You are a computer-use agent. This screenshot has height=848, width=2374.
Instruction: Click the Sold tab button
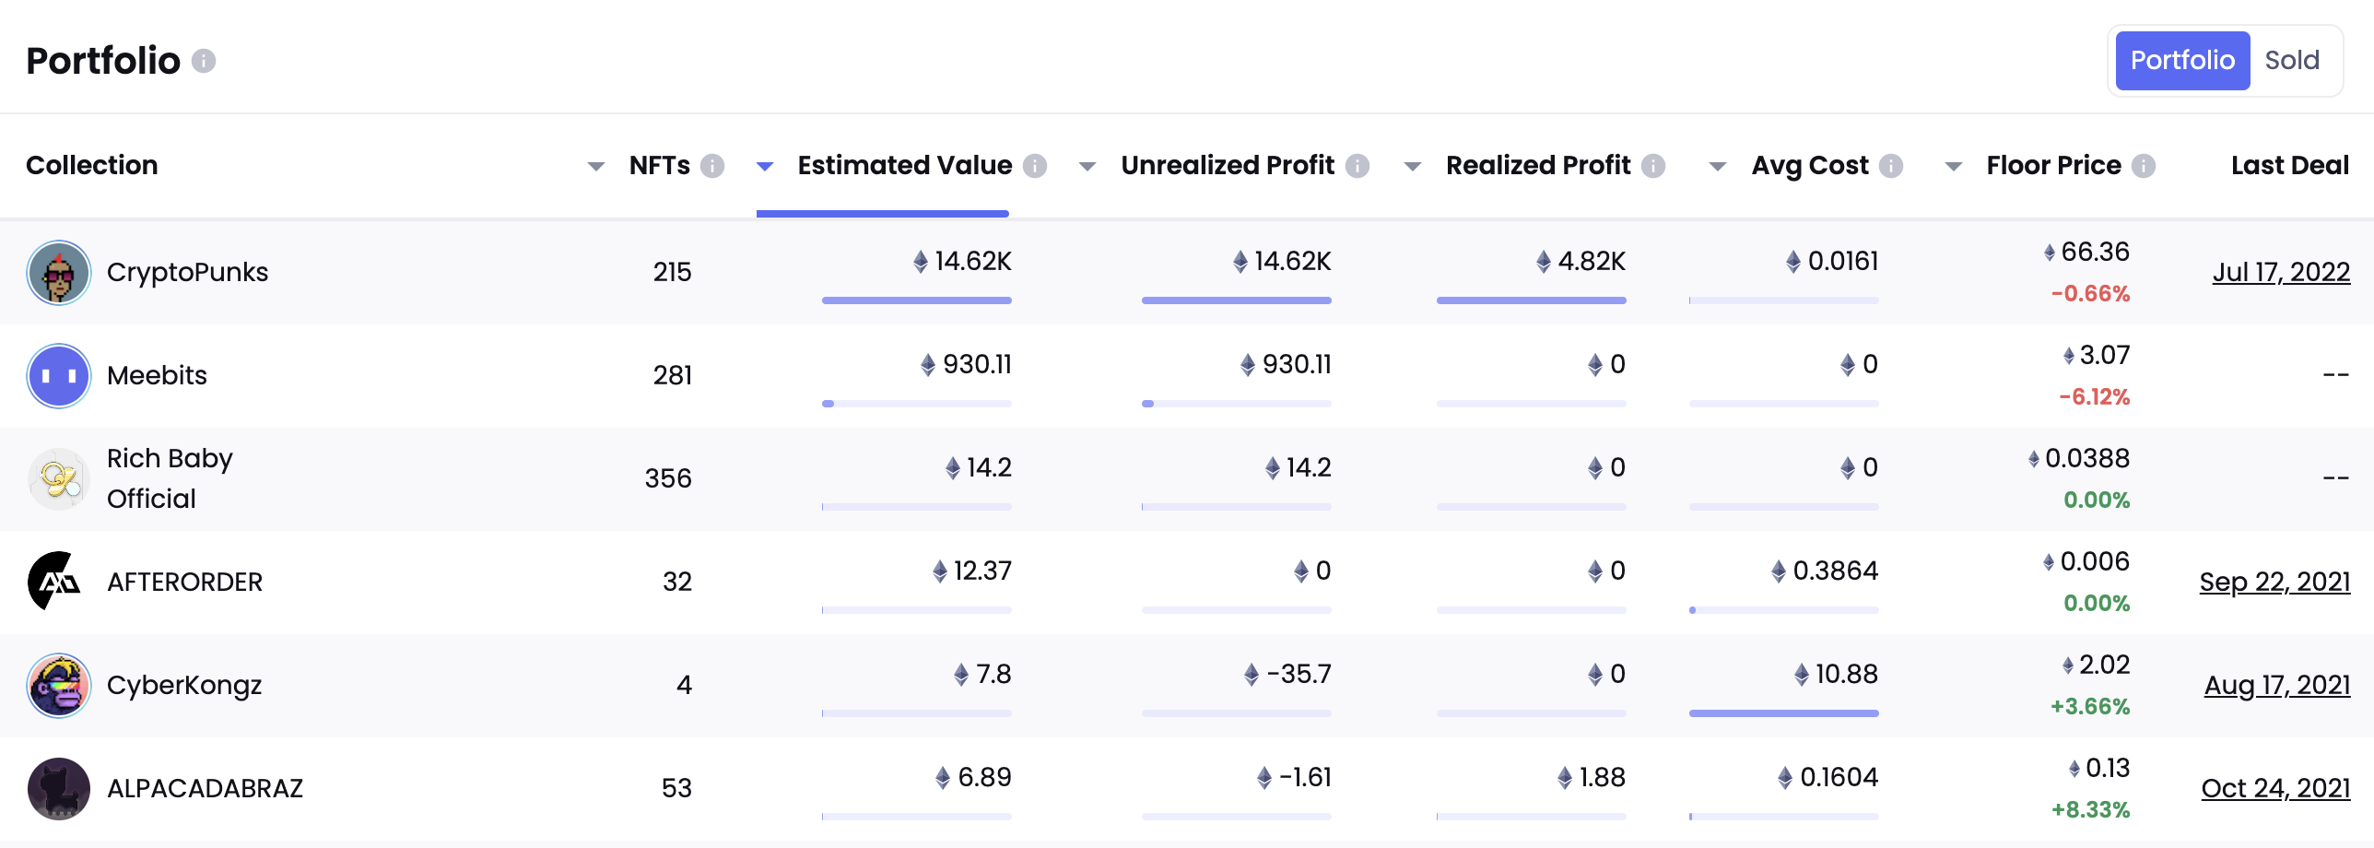coord(2291,61)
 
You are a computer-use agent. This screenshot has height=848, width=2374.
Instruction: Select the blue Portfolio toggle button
coord(2181,61)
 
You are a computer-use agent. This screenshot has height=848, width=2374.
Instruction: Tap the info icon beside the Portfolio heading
coord(204,61)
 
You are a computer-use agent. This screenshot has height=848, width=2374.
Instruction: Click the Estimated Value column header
coord(904,166)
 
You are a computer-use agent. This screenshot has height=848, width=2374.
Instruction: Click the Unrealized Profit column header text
coord(1227,166)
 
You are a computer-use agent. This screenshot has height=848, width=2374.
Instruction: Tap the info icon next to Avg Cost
coord(1891,166)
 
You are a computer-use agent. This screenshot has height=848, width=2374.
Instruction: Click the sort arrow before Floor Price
coord(1953,167)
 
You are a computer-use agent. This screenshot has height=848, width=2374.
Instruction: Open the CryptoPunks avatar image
coord(59,273)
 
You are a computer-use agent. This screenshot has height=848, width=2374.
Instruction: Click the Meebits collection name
coord(157,376)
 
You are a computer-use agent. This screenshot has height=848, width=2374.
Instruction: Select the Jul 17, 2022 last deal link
coord(2281,273)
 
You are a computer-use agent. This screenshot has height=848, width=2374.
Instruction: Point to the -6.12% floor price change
coord(2094,397)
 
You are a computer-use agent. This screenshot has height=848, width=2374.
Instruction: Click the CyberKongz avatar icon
coord(59,686)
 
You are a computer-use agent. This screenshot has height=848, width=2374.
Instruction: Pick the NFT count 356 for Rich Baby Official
coord(667,479)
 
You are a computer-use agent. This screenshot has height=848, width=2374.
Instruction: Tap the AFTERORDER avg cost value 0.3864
coord(1834,571)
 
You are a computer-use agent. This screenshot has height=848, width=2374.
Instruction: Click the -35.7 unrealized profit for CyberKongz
coord(1298,675)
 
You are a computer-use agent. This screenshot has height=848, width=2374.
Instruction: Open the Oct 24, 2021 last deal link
coord(2275,789)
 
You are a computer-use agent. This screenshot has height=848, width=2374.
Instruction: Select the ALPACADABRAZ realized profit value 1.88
coord(1601,778)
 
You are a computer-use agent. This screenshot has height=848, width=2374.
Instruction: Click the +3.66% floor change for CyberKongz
coord(2089,707)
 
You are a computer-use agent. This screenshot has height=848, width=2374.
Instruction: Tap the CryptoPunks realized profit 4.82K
coord(1591,262)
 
